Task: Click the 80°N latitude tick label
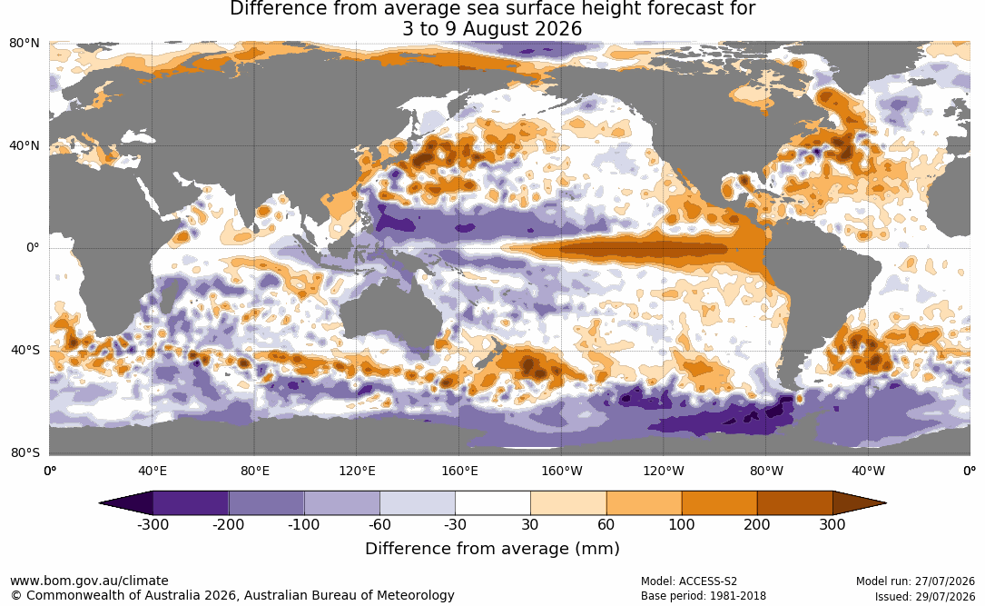point(24,44)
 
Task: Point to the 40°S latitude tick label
point(25,350)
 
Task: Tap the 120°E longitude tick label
point(357,471)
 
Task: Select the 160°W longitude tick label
point(562,471)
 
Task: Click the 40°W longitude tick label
point(869,471)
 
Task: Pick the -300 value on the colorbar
point(153,524)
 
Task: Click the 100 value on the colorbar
point(682,524)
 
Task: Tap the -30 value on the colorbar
point(455,524)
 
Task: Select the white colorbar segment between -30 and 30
point(493,503)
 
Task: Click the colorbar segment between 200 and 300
point(794,503)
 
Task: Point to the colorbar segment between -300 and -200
point(191,503)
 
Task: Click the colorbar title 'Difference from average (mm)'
point(492,549)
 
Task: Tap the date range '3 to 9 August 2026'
point(492,29)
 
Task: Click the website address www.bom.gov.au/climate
point(89,581)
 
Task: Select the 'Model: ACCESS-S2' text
point(688,581)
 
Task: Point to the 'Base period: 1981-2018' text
point(704,596)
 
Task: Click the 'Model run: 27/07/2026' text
point(915,581)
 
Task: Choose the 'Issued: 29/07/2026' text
point(925,596)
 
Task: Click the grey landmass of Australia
point(389,314)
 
